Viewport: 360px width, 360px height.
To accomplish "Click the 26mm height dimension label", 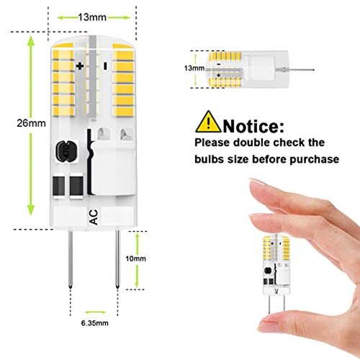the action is pyautogui.click(x=31, y=123).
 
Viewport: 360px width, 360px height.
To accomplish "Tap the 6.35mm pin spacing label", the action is pyautogui.click(x=94, y=323).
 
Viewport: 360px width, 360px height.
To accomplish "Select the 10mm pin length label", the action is pyautogui.click(x=135, y=258).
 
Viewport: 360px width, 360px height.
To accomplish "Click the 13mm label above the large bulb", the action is pyautogui.click(x=92, y=17).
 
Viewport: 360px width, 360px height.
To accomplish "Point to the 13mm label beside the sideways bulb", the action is pyautogui.click(x=194, y=68).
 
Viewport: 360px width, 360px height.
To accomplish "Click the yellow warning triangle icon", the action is pyautogui.click(x=208, y=122).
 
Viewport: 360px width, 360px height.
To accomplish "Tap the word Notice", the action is pyautogui.click(x=253, y=126).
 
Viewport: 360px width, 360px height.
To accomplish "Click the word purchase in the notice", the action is pyautogui.click(x=315, y=159).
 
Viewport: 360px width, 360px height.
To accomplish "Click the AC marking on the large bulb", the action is pyautogui.click(x=94, y=217).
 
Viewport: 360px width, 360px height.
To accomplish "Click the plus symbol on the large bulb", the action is pyautogui.click(x=80, y=66).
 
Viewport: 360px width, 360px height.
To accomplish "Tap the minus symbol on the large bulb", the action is pyautogui.click(x=105, y=66).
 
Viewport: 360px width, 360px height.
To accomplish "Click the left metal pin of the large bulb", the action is pyautogui.click(x=71, y=260).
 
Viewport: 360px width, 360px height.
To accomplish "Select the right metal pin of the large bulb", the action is pyautogui.click(x=117, y=260).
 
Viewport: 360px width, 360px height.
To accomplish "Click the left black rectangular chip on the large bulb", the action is pyautogui.click(x=59, y=186).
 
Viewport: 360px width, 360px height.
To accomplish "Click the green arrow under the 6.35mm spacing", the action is pyautogui.click(x=95, y=312).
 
